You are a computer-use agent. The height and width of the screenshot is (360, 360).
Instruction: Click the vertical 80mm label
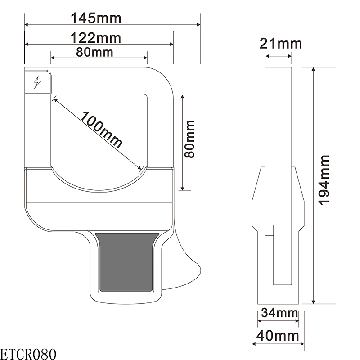(190, 139)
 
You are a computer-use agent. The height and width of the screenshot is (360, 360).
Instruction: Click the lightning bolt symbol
(38, 82)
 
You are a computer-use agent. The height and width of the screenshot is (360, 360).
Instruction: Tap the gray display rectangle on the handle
(127, 262)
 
